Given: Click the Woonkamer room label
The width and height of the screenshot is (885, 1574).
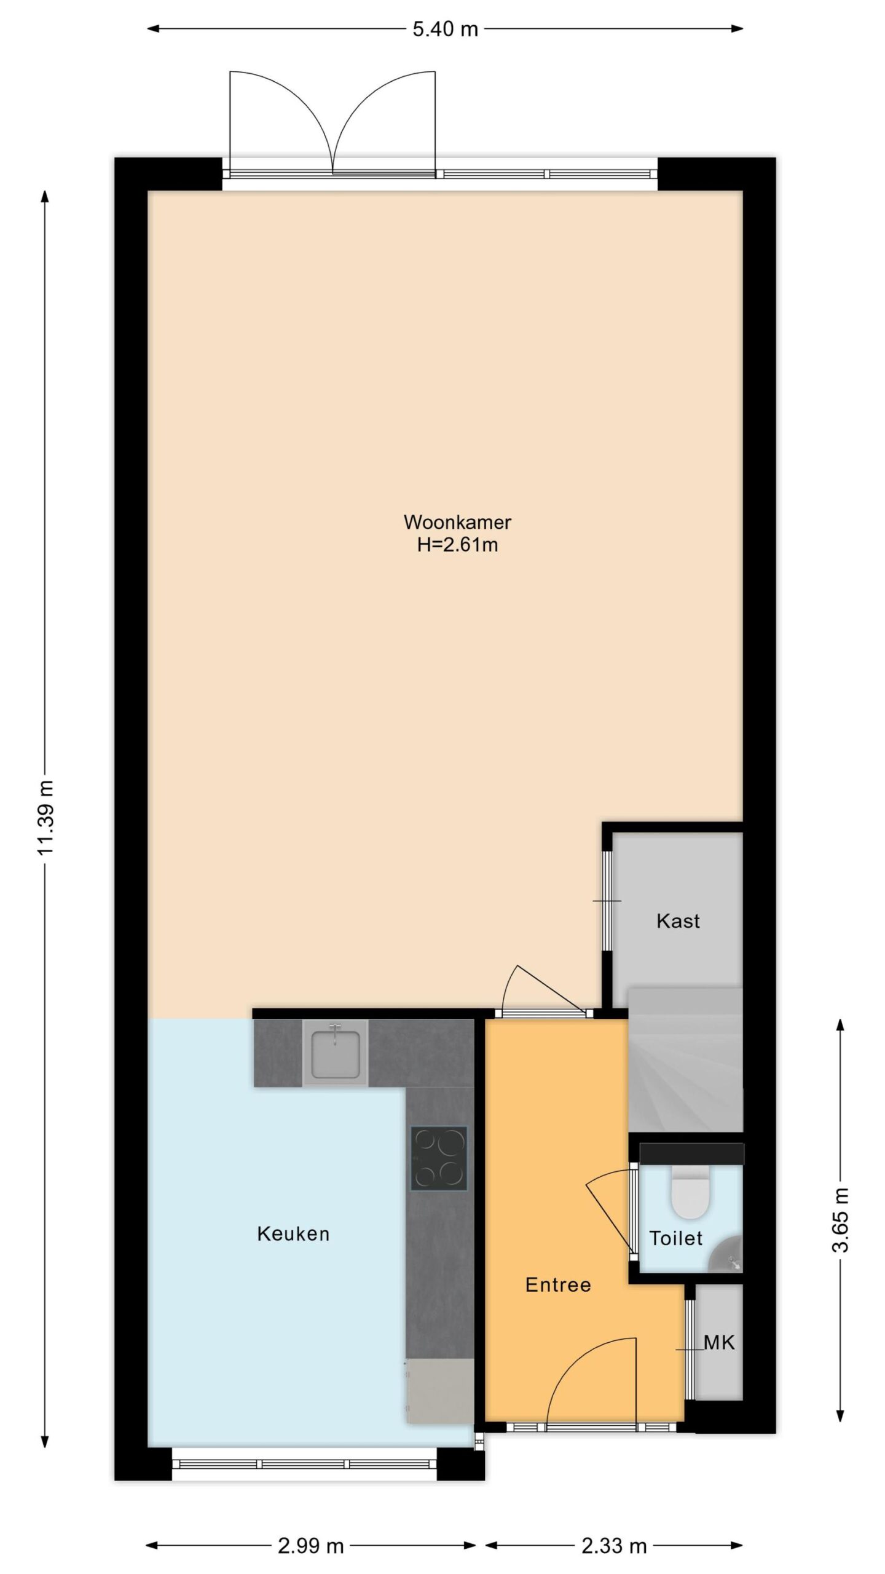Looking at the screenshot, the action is coord(457,522).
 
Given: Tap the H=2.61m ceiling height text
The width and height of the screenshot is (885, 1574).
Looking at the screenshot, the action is coord(457,545).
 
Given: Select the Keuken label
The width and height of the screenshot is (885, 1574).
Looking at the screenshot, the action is coord(293,1233).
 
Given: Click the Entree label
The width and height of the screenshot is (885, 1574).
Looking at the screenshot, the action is coord(558,1284).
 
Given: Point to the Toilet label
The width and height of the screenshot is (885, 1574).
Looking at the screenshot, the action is coord(676,1238).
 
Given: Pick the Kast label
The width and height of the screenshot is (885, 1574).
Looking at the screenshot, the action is coord(678,920).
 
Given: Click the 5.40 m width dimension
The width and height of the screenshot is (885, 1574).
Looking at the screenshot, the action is coord(445,29).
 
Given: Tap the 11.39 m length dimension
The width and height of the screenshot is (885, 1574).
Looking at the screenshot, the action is coord(45,818).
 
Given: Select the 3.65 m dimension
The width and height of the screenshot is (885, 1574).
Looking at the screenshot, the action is coord(840,1220).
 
